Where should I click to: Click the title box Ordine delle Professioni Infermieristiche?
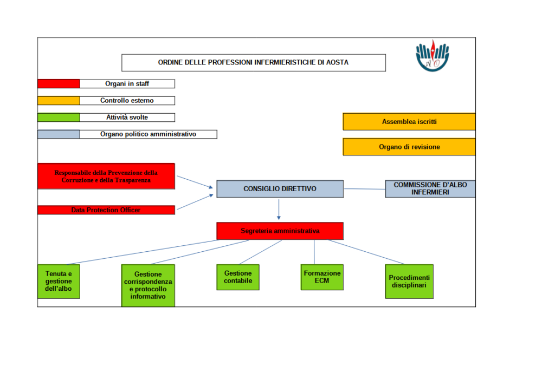point(253,63)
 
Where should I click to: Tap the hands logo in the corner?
point(433,55)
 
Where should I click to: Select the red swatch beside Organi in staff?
point(59,84)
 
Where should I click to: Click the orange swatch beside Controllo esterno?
point(59,101)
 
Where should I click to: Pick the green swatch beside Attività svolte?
point(59,117)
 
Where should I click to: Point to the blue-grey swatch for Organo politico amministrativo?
point(59,134)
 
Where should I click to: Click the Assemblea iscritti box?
point(409,122)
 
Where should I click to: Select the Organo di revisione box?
point(409,147)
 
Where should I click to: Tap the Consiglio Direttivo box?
point(280,189)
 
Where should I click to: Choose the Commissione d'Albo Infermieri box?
point(430,189)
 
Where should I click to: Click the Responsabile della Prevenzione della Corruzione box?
point(106,177)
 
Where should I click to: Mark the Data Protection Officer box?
point(106,210)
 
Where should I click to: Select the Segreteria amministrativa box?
point(280,231)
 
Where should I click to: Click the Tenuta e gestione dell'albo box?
point(59,282)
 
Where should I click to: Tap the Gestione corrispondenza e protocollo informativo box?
point(148,286)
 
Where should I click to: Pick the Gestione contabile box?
point(238,277)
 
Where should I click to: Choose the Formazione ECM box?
point(322,277)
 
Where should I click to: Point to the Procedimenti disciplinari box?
point(409,282)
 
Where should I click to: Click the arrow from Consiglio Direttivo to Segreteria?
point(279,208)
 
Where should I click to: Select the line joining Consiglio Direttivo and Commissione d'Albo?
point(364,189)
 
